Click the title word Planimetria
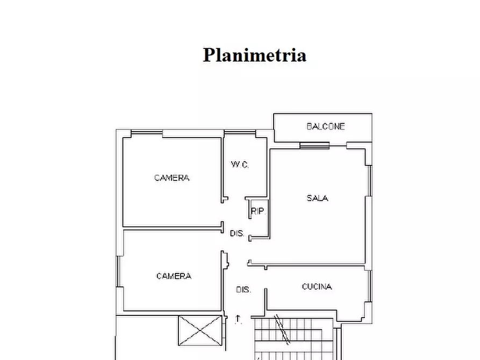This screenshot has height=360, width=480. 254,55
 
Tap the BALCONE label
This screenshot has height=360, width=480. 325,127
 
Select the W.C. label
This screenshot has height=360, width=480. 240,165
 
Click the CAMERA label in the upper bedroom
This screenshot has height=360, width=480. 172,178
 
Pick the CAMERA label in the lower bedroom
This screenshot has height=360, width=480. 174,276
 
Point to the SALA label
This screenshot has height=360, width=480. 317,198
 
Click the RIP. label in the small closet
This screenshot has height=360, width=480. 258,211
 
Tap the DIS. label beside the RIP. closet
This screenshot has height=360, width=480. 237,234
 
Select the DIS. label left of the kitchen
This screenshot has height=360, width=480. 243,290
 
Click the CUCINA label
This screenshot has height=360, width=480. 317,287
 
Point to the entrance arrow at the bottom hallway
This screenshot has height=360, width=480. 238,319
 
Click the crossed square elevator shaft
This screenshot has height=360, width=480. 200,330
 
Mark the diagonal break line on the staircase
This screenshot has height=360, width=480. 282,329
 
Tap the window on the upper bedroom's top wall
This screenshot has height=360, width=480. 147,132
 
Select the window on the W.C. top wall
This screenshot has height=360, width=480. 240,132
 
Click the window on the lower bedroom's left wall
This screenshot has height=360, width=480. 118,272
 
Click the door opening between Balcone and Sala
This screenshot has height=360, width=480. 314,145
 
